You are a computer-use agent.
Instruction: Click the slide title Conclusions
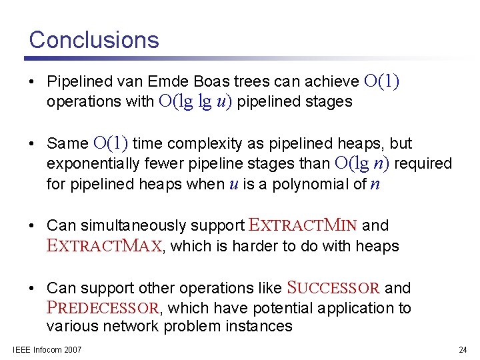pos(94,39)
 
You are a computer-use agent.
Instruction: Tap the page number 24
pos(463,350)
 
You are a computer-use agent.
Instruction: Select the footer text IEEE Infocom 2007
pos(47,350)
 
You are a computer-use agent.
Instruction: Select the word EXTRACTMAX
pos(105,246)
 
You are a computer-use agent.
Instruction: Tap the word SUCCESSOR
pos(333,288)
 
